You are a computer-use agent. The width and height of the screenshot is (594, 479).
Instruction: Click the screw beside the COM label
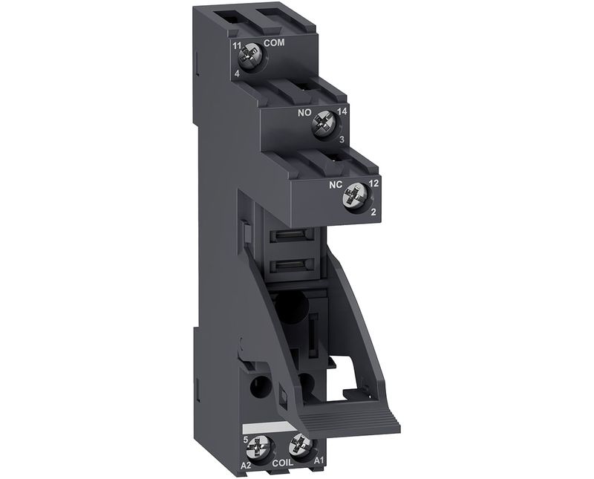(248, 57)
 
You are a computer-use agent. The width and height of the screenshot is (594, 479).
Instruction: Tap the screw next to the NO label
(323, 124)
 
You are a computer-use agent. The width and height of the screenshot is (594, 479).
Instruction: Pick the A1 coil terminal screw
(300, 446)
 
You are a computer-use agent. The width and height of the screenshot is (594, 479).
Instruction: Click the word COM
(274, 43)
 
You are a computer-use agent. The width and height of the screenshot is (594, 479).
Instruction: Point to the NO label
(304, 113)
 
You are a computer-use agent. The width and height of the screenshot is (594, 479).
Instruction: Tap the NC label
(336, 185)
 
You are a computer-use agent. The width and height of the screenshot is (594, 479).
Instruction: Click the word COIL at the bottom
(283, 463)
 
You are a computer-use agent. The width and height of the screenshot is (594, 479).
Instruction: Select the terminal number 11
(237, 46)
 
